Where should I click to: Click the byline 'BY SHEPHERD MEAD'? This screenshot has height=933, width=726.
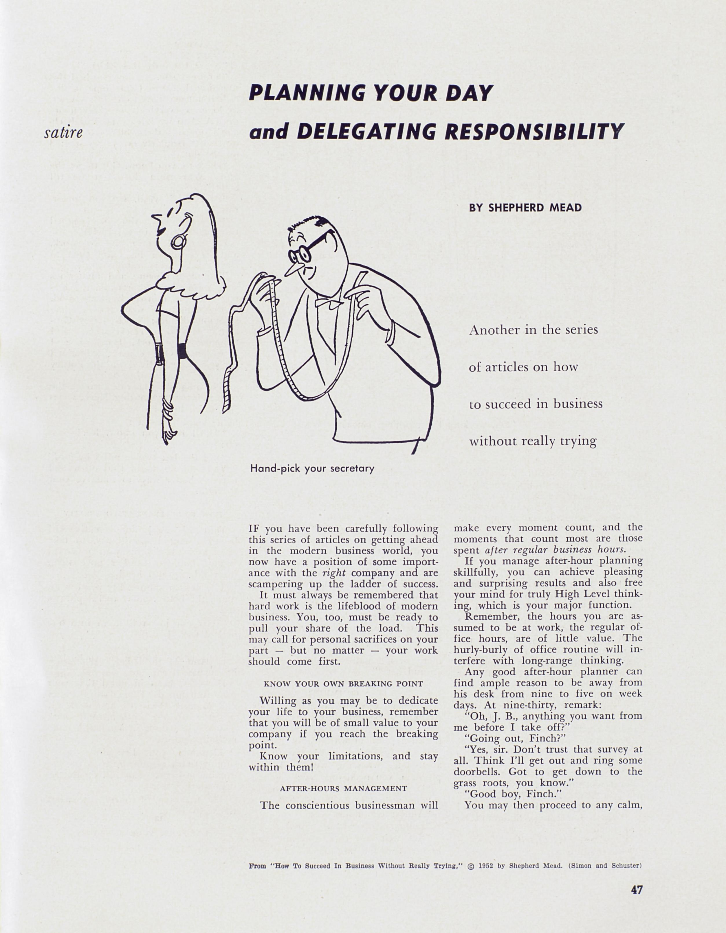pos(525,208)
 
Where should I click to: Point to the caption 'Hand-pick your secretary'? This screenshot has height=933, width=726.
pos(312,468)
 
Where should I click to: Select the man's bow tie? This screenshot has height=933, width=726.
pos(327,303)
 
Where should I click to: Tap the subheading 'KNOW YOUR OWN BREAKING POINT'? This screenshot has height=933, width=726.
pos(343,683)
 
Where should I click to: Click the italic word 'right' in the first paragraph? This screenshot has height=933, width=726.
pos(334,573)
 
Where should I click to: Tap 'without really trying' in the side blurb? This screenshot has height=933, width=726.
pos(532,441)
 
